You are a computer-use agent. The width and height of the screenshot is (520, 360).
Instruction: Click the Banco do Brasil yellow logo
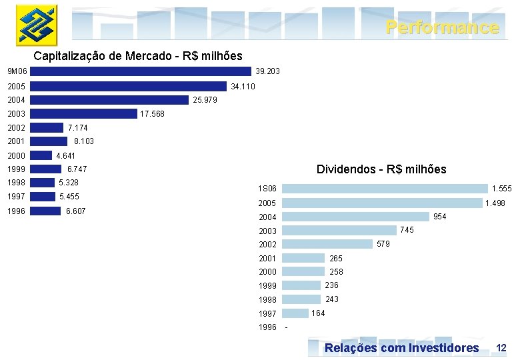click(37, 25)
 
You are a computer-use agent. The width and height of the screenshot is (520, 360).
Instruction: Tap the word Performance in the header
click(443, 27)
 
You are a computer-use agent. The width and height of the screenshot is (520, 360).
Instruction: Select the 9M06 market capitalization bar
click(141, 71)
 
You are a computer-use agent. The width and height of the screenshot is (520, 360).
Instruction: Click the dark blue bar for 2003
click(83, 114)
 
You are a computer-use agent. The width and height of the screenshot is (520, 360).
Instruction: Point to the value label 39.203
click(267, 71)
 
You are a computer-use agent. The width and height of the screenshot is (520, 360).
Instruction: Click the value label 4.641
click(65, 156)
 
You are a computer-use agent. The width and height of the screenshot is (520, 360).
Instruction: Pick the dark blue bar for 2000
click(41, 155)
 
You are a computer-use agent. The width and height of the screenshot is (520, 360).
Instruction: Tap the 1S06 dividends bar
click(385, 189)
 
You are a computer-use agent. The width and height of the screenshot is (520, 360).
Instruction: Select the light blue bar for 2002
click(327, 244)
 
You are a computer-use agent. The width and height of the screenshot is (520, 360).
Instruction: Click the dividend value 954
click(440, 217)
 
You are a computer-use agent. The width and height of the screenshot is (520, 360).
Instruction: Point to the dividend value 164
click(318, 313)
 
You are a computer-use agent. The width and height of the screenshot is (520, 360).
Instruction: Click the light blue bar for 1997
click(295, 313)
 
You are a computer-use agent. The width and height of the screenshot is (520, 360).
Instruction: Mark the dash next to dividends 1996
click(286, 327)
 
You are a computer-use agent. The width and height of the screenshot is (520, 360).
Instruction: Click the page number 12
click(501, 348)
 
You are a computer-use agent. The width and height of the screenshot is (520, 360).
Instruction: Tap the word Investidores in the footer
click(444, 348)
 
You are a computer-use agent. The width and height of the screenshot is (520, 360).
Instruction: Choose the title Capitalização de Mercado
click(103, 56)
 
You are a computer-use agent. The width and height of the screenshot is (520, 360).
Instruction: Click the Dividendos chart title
click(381, 169)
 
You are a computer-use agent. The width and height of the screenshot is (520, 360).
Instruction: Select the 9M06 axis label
click(17, 71)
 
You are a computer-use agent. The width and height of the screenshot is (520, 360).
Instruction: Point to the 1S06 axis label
click(267, 189)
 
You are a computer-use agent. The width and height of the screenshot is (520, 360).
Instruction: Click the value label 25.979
click(205, 100)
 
